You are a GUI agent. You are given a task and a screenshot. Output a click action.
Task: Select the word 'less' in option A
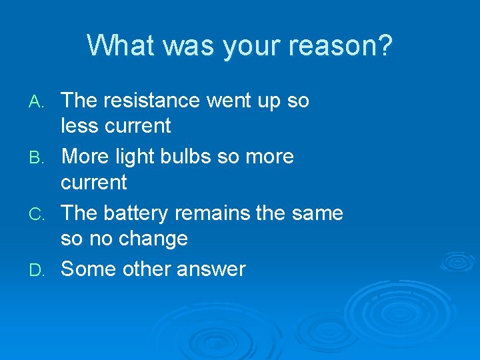click(78, 125)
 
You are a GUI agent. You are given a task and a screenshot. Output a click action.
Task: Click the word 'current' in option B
click(93, 182)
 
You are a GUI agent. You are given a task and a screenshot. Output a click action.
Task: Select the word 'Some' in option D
click(87, 269)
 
